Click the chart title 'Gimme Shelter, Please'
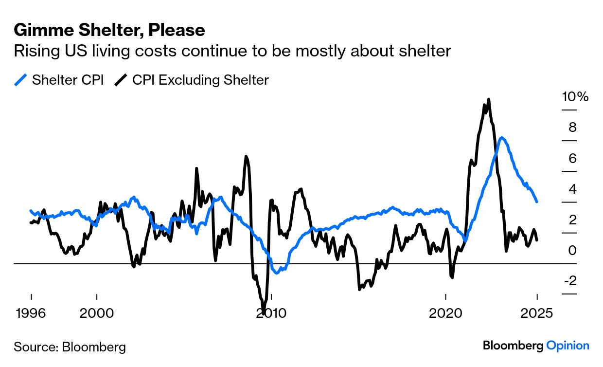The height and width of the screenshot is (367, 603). coord(109,31)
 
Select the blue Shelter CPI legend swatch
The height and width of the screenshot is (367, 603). coord(21,80)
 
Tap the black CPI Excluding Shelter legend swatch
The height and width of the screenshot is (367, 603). coord(121,80)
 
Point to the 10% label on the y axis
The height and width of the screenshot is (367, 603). coord(575,97)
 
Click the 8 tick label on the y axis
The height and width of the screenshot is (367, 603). coord(572,128)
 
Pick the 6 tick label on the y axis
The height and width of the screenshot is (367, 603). coord(572,159)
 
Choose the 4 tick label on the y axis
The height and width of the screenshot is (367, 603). coord(572,189)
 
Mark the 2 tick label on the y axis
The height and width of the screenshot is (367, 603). coord(572,220)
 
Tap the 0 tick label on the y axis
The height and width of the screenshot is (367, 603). coord(572,251)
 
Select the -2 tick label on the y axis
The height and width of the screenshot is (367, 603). coord(570,281)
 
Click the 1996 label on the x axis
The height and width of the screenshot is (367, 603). coord(31,313)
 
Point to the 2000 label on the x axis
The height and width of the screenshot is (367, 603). coord(97,313)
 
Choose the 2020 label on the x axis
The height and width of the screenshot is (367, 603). coord(445,313)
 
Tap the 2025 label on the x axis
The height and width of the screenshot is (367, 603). coord(537,313)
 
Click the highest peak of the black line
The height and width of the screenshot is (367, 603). coord(488,100)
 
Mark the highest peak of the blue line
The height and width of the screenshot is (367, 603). coord(502,138)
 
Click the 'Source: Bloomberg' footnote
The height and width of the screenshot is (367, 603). coord(70,347)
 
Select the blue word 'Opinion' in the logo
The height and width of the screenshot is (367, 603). coord(568,346)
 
